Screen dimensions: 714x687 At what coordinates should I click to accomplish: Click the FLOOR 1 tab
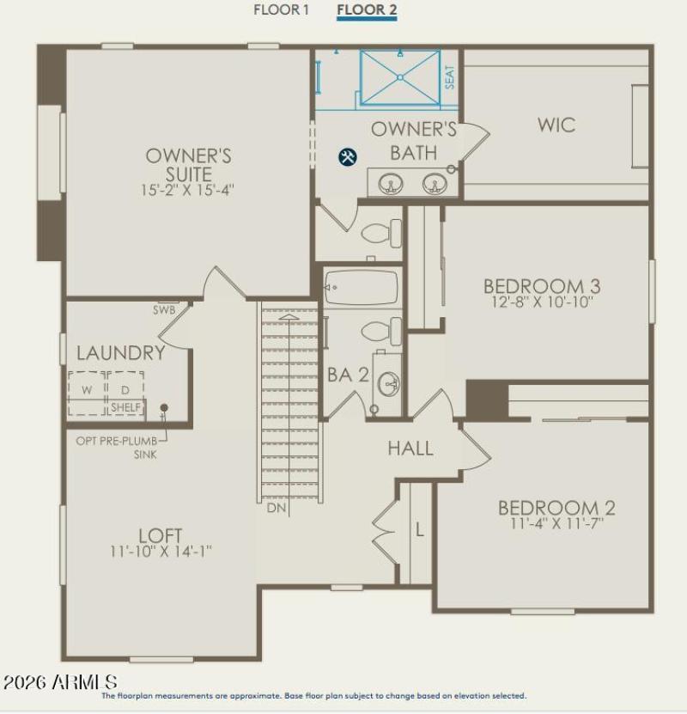point(281,10)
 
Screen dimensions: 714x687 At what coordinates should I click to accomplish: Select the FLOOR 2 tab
point(367,10)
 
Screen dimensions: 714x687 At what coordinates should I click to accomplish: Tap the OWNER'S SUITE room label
point(188,165)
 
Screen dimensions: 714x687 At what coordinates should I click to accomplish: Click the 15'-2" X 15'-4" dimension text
point(189,188)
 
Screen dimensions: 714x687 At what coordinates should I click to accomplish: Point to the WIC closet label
point(556,125)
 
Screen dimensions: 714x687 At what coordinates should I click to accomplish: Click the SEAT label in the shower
point(449,78)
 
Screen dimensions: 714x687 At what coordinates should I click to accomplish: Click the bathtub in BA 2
point(362,288)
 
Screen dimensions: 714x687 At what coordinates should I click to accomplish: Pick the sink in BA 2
point(388,383)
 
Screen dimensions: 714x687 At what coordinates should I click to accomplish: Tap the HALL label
point(410,449)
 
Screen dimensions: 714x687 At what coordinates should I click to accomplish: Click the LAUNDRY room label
point(121,353)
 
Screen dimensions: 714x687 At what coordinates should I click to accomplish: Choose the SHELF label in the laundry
point(125,407)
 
